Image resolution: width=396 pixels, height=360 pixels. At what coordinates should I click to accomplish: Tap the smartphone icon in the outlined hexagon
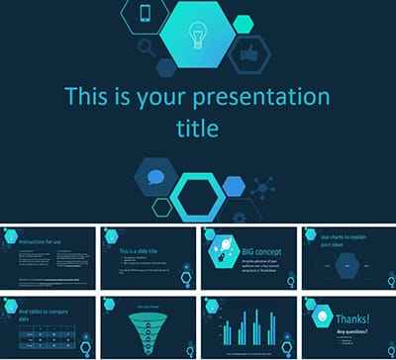[146, 14]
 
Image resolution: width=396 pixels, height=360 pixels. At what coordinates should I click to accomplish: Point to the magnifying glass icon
[148, 46]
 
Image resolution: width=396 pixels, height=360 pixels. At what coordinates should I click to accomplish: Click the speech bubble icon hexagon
[156, 178]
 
